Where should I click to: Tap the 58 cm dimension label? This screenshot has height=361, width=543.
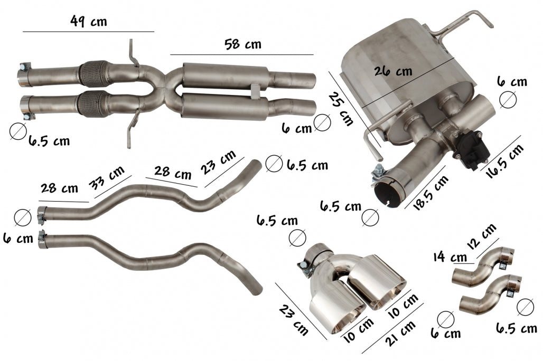(243, 44)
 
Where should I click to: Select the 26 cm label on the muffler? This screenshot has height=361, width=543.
(394, 71)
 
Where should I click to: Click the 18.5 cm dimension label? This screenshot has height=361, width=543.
(431, 193)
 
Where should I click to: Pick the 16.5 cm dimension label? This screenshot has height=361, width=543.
(505, 161)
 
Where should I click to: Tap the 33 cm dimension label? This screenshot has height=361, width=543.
(106, 178)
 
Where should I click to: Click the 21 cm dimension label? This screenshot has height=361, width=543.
(401, 333)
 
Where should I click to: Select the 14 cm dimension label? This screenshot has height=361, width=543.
(450, 257)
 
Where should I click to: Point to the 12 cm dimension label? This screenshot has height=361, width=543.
(482, 236)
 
